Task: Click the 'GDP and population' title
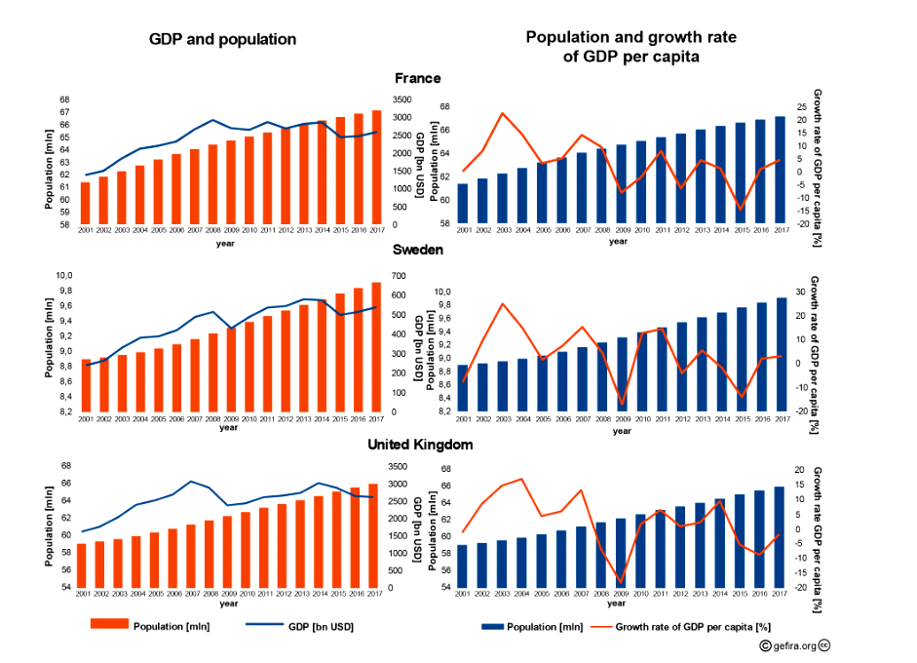tap(222, 40)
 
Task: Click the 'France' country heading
tap(417, 78)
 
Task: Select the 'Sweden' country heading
tap(417, 250)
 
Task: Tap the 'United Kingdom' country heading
tap(420, 445)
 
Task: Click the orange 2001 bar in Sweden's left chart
tap(86, 385)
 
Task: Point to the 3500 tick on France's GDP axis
tap(401, 99)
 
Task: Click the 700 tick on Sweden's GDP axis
tap(398, 275)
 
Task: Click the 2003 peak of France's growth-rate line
tap(502, 113)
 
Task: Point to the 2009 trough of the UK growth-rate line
tap(621, 582)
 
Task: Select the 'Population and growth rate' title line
tap(630, 38)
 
